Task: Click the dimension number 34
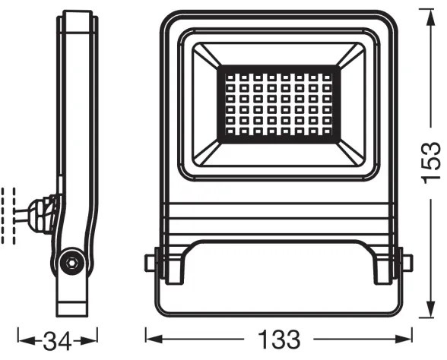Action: (x=58, y=336)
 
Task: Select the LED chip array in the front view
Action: (x=279, y=102)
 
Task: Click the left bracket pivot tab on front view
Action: (x=151, y=263)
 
